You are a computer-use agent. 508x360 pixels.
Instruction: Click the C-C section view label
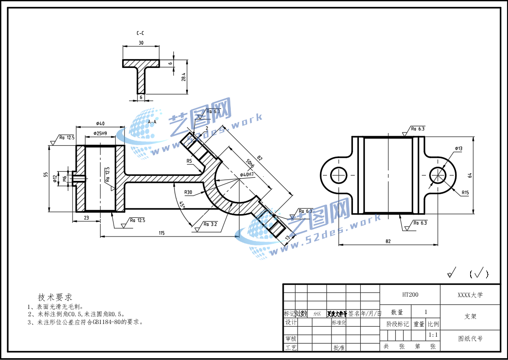coord(140,34)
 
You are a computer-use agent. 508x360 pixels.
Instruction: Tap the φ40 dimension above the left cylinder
coord(100,123)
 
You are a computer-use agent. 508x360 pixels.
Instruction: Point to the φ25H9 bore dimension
coord(100,134)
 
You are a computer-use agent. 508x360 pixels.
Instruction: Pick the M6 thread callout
coord(65,178)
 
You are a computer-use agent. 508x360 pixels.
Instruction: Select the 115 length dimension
coord(161,233)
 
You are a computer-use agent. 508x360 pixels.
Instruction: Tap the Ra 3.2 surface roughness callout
coord(210,224)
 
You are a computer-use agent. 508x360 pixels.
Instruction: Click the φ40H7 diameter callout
coord(247,175)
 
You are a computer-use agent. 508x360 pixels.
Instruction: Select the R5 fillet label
coord(189,161)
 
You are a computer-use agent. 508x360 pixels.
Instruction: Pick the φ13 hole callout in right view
coord(458,149)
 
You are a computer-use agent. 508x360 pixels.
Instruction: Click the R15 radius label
coord(465,193)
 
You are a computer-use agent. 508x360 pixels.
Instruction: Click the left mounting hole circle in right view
coord(339,175)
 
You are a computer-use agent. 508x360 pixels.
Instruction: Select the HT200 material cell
coord(410,295)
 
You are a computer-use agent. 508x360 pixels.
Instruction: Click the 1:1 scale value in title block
coord(433,335)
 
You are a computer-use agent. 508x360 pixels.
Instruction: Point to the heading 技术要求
coord(55,297)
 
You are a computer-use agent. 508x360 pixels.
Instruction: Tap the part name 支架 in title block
coord(470,316)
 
